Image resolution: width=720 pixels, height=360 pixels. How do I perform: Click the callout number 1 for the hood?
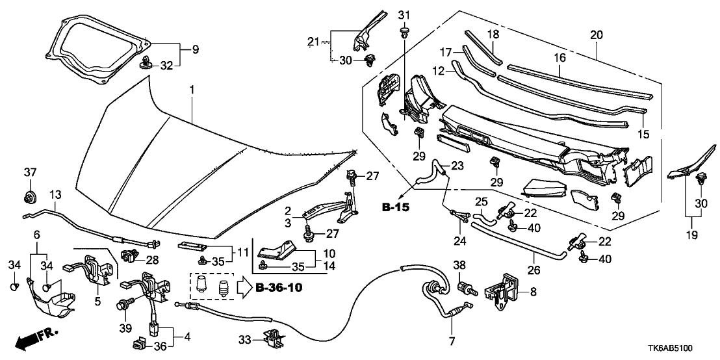tap(192, 88)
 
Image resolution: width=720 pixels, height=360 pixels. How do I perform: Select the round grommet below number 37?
tap(29, 196)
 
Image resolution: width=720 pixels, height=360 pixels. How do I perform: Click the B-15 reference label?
tap(395, 207)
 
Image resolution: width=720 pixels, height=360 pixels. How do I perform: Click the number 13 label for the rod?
tap(55, 196)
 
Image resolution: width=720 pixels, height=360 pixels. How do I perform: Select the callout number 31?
tap(404, 15)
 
